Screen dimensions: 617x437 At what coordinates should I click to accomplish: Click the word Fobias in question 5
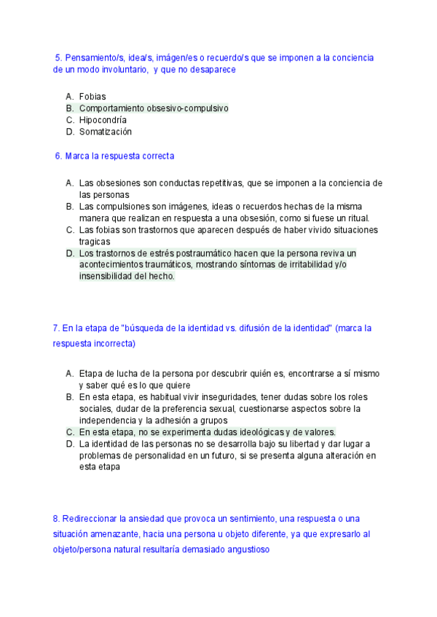tap(92, 96)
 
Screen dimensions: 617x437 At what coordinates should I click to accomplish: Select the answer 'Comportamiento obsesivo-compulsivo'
tap(153, 108)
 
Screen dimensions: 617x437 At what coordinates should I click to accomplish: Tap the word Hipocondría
tap(103, 120)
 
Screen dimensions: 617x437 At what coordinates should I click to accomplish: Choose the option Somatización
tap(106, 132)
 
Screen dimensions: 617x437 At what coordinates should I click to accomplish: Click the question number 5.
tap(58, 57)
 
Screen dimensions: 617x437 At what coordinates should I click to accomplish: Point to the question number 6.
tap(58, 156)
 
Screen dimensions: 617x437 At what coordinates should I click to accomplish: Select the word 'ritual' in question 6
tap(358, 218)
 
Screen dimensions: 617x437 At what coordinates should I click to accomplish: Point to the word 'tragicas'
tap(96, 241)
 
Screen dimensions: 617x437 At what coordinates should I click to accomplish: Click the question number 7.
tap(56, 328)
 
